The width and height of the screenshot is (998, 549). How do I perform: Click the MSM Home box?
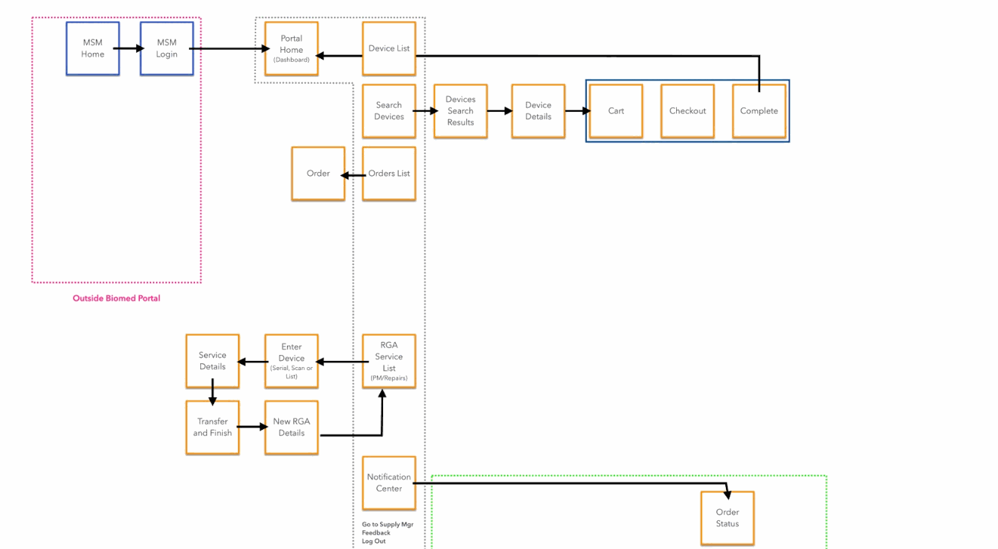[x=93, y=48]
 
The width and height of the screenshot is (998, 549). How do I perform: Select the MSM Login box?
[x=166, y=48]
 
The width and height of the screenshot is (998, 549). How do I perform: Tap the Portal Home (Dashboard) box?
[x=291, y=48]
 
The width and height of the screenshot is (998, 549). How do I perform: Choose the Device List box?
[x=389, y=48]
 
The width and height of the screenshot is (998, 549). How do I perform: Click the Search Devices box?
[x=389, y=111]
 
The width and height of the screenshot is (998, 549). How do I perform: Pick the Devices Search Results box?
[x=460, y=111]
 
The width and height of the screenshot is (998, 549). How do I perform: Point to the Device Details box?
[x=538, y=111]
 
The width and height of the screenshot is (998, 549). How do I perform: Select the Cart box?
[x=616, y=111]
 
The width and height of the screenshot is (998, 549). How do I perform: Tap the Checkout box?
[x=687, y=111]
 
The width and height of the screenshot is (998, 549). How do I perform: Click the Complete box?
[x=759, y=111]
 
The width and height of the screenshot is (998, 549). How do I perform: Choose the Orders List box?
[x=389, y=174]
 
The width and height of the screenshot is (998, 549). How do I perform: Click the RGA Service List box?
[x=389, y=361]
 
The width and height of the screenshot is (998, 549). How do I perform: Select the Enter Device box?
[x=291, y=361]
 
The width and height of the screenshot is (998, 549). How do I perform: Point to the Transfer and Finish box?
[x=212, y=427]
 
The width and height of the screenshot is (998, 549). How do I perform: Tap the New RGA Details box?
[x=291, y=427]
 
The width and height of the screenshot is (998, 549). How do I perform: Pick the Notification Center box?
[x=389, y=483]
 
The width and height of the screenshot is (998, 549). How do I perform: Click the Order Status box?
[x=727, y=518]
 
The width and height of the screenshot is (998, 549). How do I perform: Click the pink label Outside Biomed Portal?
[x=116, y=298]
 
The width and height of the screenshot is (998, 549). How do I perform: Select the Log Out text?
[x=374, y=541]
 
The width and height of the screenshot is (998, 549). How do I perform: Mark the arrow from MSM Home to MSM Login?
[x=129, y=48]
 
